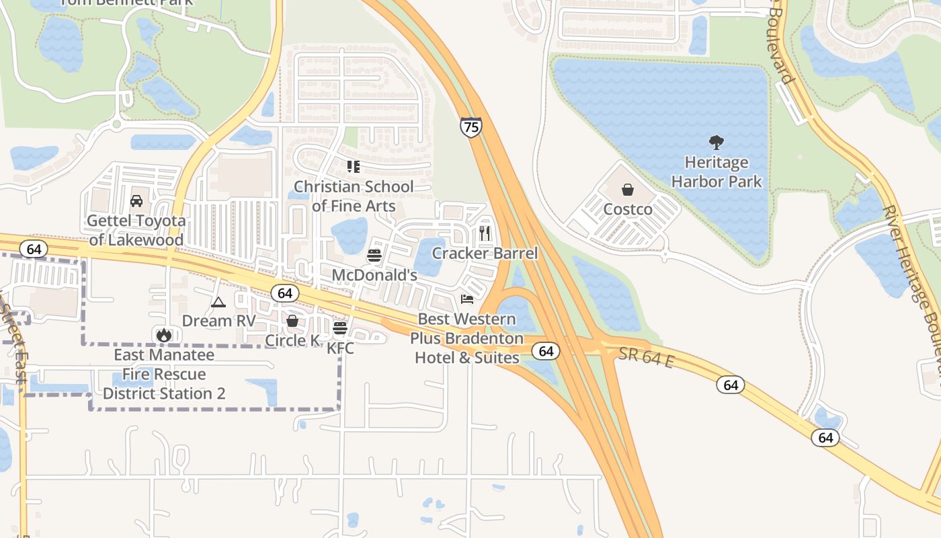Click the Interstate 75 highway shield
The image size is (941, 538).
click(x=471, y=126)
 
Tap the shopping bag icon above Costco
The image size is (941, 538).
click(x=627, y=190)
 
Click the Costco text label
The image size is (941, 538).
click(x=628, y=209)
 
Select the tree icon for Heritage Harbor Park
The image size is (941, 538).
click(x=717, y=142)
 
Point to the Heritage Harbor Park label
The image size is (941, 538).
click(x=717, y=172)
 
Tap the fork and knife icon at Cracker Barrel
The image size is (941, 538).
click(x=485, y=233)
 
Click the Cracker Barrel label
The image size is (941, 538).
click(x=485, y=253)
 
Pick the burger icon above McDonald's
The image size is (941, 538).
click(x=374, y=256)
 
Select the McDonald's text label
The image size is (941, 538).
click(x=374, y=275)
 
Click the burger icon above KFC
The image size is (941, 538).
click(x=340, y=328)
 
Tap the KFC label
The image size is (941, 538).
click(x=340, y=348)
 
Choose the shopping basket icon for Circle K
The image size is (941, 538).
click(x=292, y=321)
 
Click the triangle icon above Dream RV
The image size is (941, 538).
click(x=218, y=303)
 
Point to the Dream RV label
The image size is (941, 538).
click(x=219, y=321)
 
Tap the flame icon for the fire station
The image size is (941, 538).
click(x=163, y=334)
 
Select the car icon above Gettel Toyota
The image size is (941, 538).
click(x=136, y=200)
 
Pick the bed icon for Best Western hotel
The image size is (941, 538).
click(x=467, y=299)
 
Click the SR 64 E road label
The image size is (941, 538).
click(x=645, y=357)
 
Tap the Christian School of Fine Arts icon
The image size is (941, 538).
click(x=354, y=166)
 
